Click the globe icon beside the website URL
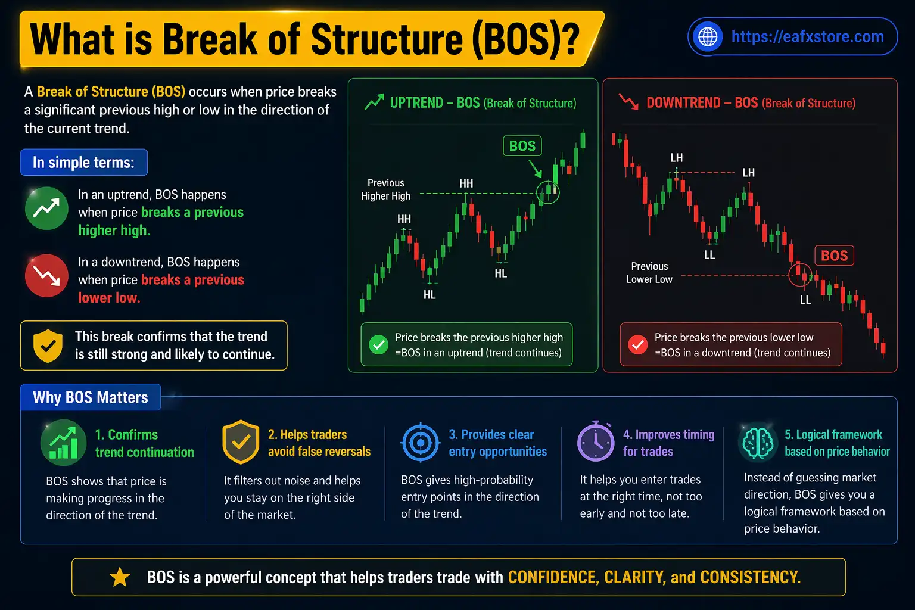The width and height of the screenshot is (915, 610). click(708, 37)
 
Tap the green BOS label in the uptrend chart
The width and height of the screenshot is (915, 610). click(522, 146)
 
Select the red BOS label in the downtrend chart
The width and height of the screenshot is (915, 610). click(833, 256)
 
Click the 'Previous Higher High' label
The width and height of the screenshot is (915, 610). click(385, 189)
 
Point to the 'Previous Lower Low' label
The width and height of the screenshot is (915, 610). click(649, 273)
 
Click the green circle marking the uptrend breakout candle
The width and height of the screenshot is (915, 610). click(548, 192)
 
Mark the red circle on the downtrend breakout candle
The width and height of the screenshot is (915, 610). click(800, 275)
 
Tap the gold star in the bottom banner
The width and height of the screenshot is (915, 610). click(120, 577)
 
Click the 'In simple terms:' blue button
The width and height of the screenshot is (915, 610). click(84, 163)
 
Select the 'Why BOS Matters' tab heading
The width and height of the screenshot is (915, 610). click(91, 397)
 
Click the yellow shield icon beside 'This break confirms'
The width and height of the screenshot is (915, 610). click(48, 346)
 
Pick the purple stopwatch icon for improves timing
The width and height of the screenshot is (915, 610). click(595, 441)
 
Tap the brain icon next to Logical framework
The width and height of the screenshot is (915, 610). click(758, 443)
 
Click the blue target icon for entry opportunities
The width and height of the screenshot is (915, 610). click(421, 443)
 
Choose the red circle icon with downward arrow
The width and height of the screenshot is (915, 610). click(46, 275)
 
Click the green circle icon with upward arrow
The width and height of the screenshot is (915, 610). click(46, 208)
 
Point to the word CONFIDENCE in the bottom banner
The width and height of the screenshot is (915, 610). click(552, 577)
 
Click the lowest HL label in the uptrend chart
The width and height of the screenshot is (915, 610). click(430, 295)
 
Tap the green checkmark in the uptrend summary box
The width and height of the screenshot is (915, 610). click(378, 344)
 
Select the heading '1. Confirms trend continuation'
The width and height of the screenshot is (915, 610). click(144, 443)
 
